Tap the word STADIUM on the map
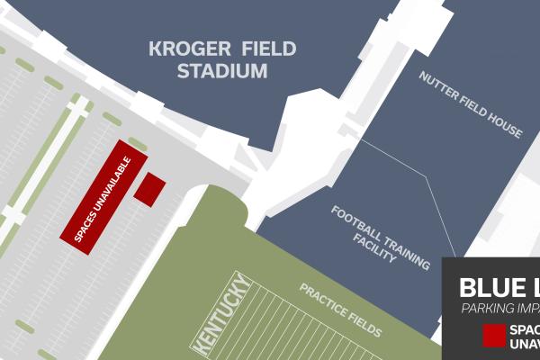click(x=221, y=70)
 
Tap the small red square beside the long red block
click(x=149, y=189)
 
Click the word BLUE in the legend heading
click(x=486, y=288)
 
